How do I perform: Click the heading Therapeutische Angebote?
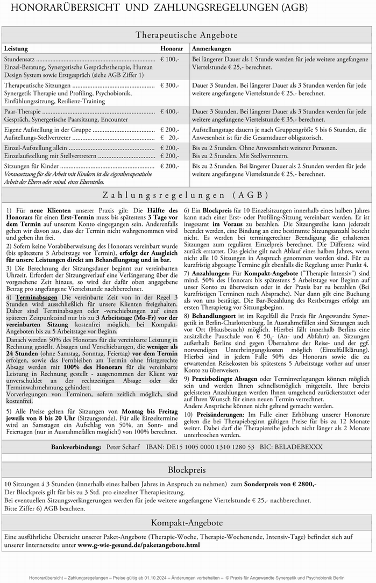[x=187, y=35]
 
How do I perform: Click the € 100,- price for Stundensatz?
[x=170, y=59]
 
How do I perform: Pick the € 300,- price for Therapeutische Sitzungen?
[x=170, y=86]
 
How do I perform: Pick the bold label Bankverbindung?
[x=76, y=447]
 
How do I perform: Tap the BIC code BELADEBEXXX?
[x=300, y=447]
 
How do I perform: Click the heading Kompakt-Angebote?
[x=187, y=523]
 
